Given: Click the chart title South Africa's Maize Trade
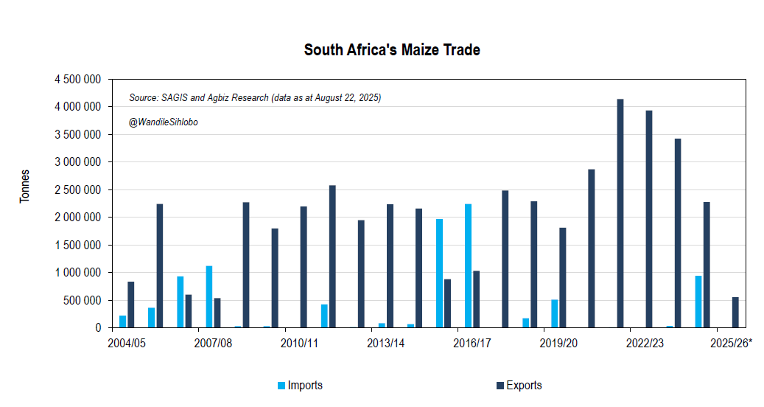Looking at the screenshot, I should point(392,50).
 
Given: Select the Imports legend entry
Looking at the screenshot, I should point(304,385).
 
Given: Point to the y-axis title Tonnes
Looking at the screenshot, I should point(25,186).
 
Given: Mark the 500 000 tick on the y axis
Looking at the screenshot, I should point(81,300).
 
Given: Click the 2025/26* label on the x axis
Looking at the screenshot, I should point(731,343).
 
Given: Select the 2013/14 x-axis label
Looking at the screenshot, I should point(386,343).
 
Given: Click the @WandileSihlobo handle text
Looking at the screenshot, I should point(164,122).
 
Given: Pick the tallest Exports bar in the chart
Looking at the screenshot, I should point(620,213).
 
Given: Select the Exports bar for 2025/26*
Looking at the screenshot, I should point(735,313).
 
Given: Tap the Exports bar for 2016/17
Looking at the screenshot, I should point(477,299).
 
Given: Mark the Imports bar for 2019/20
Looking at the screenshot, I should point(555,313).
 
